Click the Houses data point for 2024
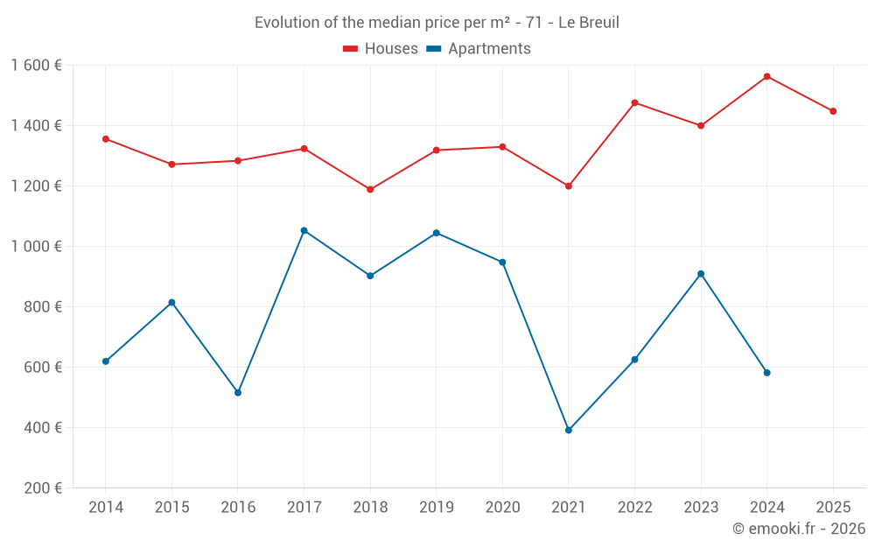click(766, 76)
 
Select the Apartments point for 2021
click(569, 430)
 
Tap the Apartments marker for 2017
click(304, 230)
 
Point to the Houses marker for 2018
click(370, 189)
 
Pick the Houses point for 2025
click(833, 111)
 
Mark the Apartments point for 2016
click(238, 392)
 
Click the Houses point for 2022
click(634, 102)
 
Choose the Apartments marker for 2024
click(766, 373)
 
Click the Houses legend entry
click(381, 49)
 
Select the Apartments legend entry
click(479, 49)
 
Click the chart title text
click(437, 23)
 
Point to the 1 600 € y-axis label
click(37, 66)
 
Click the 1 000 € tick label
click(37, 247)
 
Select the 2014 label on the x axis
click(106, 508)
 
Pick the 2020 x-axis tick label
click(502, 508)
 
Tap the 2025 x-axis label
click(833, 508)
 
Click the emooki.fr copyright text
click(799, 529)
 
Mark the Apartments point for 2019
click(436, 233)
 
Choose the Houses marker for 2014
click(106, 138)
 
